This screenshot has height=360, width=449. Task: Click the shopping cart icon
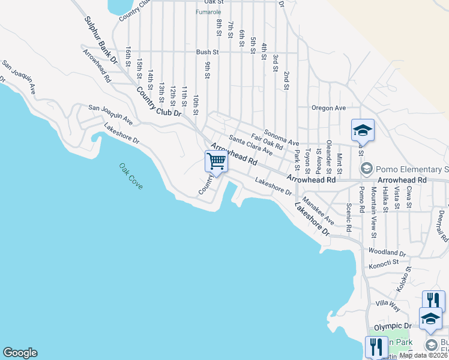(x=215, y=161)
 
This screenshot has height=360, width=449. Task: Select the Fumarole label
(x=209, y=11)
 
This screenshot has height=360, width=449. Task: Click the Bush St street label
(x=208, y=52)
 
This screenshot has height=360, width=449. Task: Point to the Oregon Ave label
(x=328, y=108)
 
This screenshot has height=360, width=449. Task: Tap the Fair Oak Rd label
(x=267, y=142)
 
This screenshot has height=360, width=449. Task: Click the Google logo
(x=20, y=353)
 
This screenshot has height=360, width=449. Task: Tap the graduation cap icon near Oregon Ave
(x=363, y=130)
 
